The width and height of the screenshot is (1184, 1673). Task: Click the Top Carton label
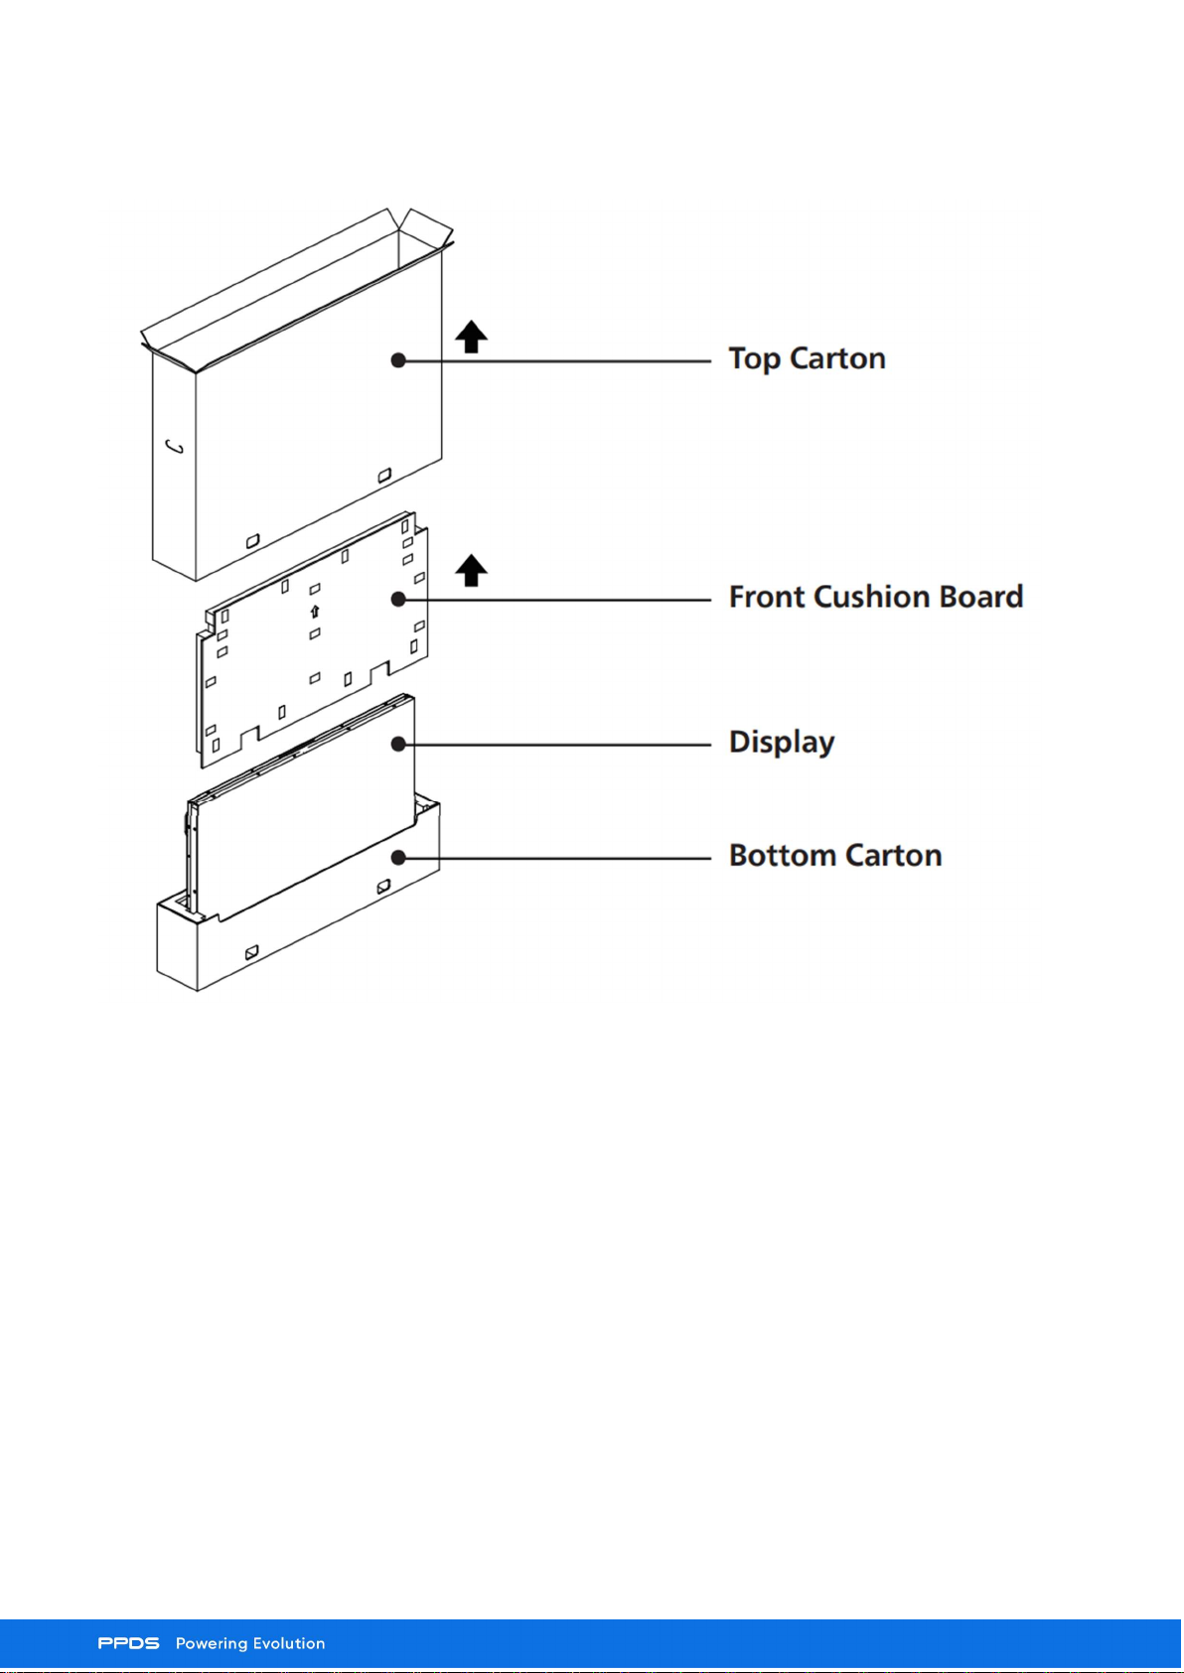[x=807, y=359]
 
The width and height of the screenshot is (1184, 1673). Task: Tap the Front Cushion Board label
[x=875, y=598]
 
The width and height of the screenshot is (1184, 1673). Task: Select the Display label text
[x=782, y=743]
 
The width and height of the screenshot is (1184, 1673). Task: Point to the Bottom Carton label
[x=835, y=856]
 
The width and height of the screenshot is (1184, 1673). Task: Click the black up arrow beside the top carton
[x=472, y=337]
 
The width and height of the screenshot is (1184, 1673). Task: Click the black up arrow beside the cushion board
[x=472, y=571]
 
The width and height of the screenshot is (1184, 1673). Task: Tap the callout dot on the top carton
[x=399, y=360]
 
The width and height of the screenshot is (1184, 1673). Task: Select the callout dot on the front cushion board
[x=399, y=599]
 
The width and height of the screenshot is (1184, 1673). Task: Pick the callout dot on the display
[x=399, y=745]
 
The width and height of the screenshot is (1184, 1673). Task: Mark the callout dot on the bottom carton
[x=399, y=858]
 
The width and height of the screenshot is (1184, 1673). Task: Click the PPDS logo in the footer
[x=128, y=1644]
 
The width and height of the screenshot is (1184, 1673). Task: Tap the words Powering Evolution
[x=250, y=1644]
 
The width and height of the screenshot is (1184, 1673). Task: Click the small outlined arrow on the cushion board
[x=315, y=613]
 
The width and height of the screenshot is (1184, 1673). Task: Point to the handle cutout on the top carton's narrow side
[x=174, y=447]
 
